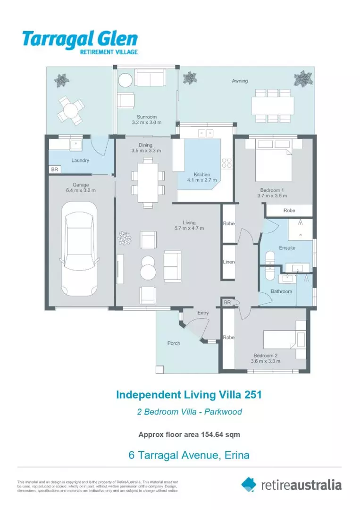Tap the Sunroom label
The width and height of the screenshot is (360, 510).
[x=147, y=117]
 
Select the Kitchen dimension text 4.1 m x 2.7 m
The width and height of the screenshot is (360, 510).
[x=202, y=180]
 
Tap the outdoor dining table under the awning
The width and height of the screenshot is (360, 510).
[x=272, y=105]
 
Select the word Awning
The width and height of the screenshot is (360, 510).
[x=240, y=81]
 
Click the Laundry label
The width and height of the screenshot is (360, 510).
[x=80, y=160]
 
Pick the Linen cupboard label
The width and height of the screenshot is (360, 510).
[x=229, y=262]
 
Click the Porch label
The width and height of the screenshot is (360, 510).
[x=174, y=343]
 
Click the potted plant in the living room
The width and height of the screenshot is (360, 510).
[x=125, y=238]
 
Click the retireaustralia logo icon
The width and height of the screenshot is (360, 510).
[x=249, y=484]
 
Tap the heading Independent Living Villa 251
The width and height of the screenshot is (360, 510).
[x=189, y=394]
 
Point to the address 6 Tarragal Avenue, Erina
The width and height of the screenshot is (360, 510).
[x=189, y=455]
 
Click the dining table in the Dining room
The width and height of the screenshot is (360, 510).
[x=148, y=182]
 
